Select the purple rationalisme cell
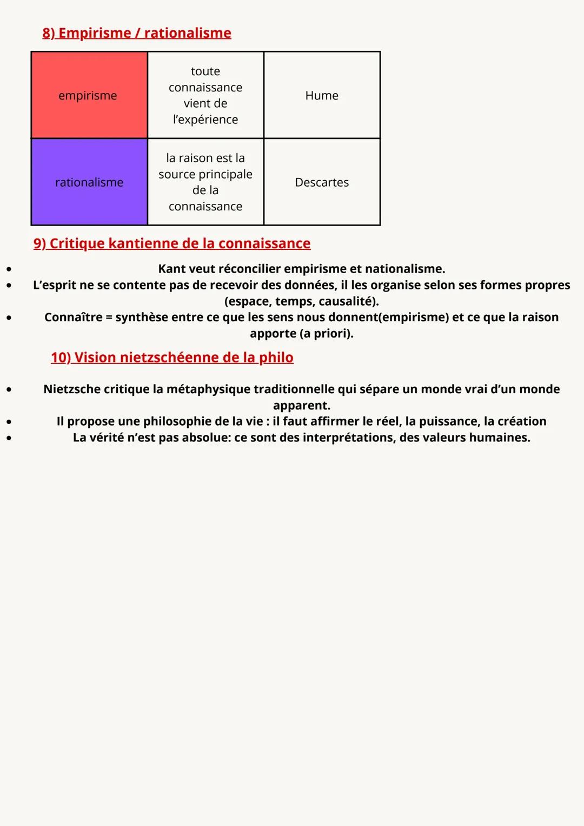[x=89, y=182]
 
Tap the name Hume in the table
[x=322, y=96]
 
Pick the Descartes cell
[x=322, y=182]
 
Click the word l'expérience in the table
[x=205, y=120]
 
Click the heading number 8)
[x=49, y=33]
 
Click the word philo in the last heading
[x=276, y=358]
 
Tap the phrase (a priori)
[x=326, y=333]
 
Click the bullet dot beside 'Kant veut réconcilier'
[x=9, y=269]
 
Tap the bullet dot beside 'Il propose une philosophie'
[x=9, y=421]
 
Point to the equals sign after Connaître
[x=109, y=318]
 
